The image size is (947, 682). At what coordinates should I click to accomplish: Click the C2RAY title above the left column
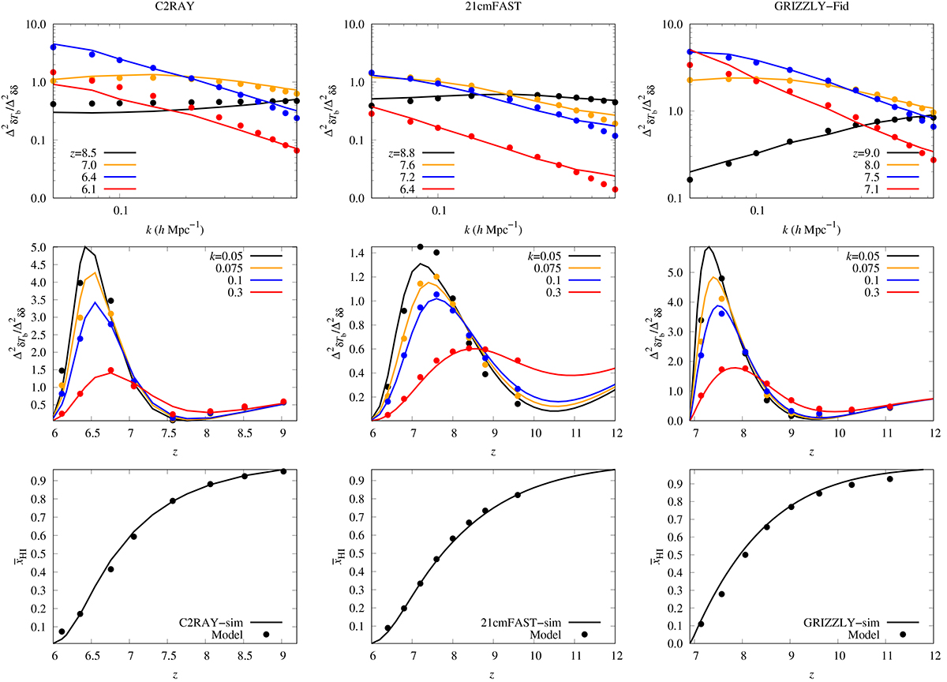[x=169, y=7]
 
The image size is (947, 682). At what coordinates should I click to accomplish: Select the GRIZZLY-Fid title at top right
[x=808, y=7]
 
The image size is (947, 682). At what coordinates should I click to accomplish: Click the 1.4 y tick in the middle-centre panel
[x=360, y=253]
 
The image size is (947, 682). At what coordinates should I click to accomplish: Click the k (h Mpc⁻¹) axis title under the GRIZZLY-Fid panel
[x=808, y=230]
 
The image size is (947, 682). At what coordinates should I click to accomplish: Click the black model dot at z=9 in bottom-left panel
[x=283, y=471]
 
